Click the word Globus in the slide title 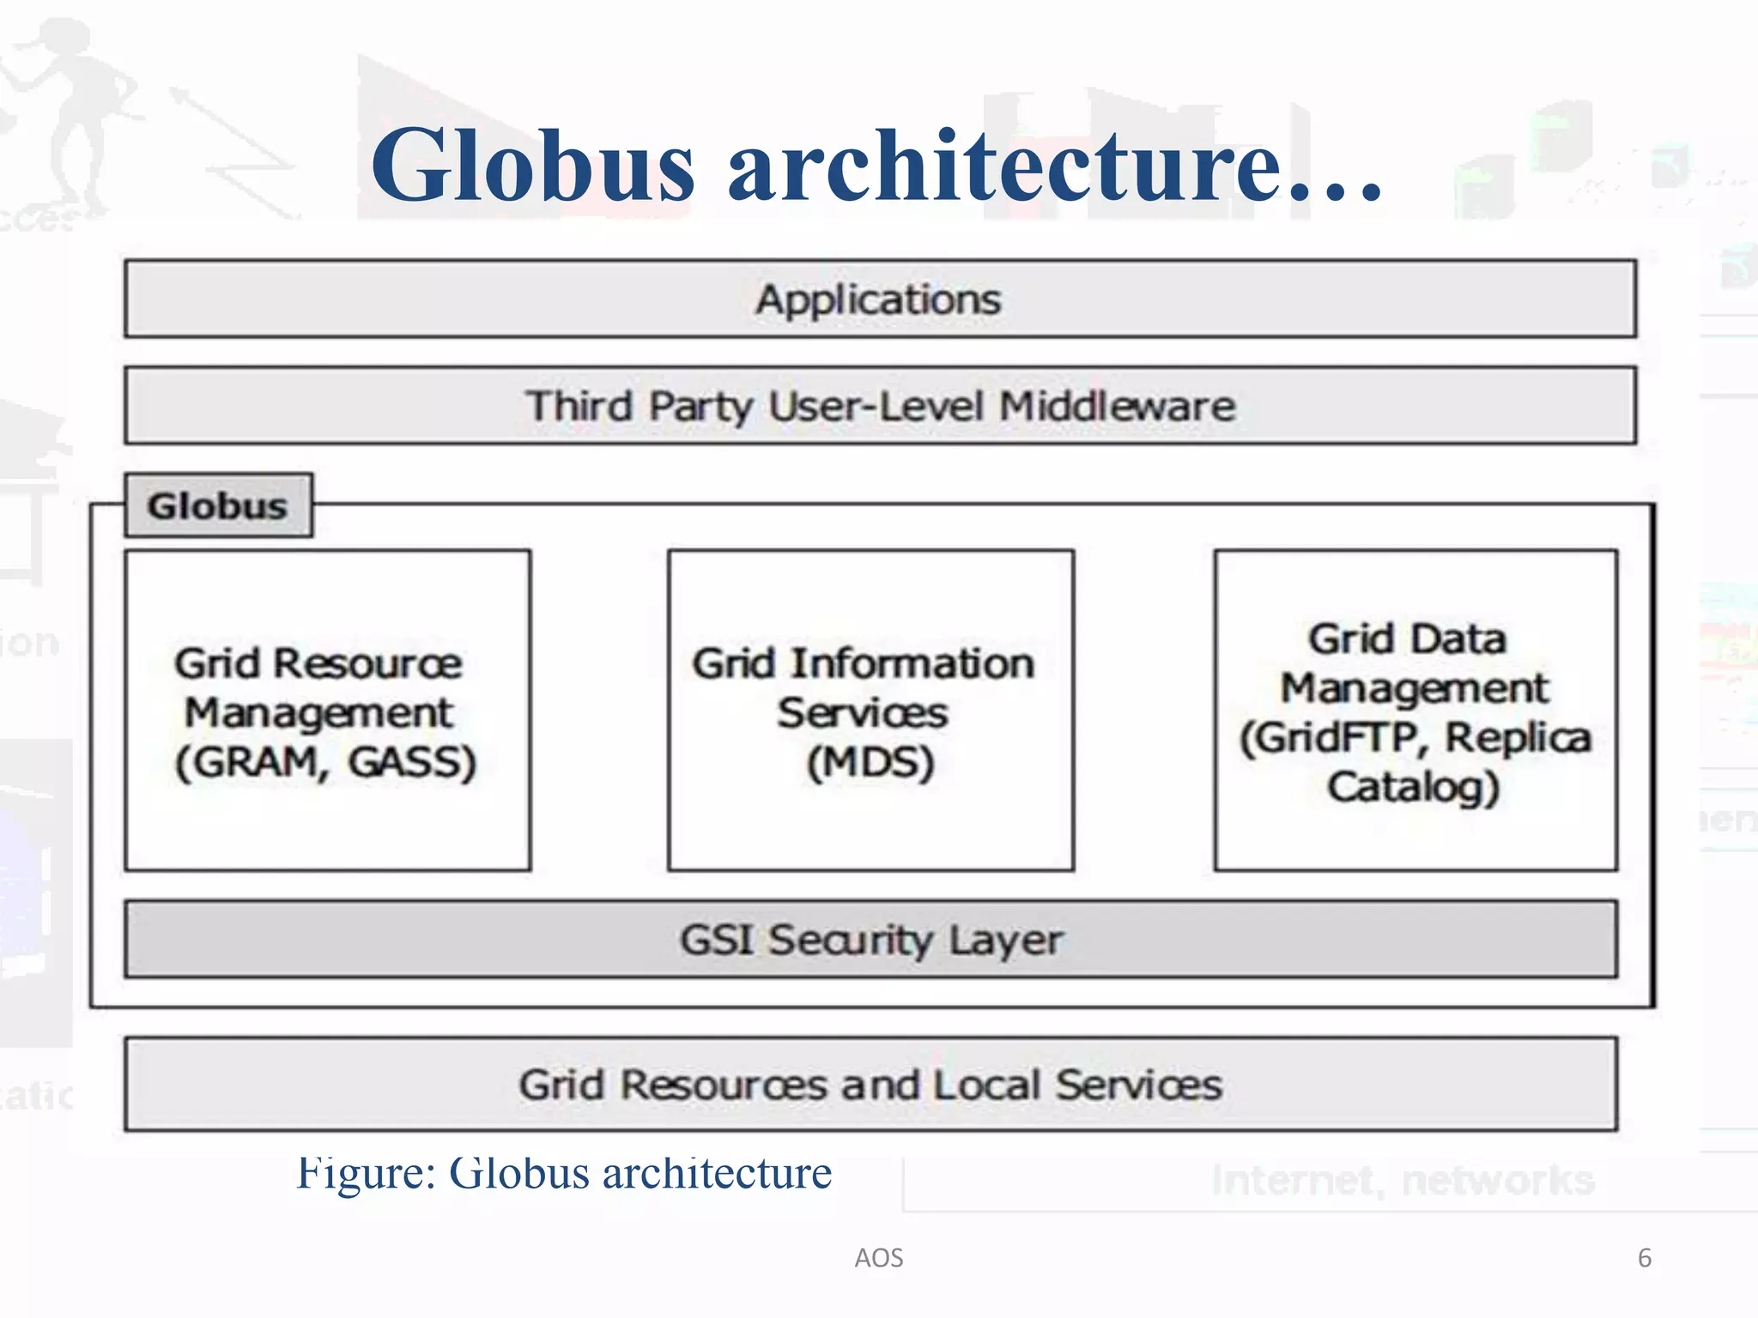[532, 165]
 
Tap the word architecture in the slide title [1004, 165]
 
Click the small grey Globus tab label [217, 505]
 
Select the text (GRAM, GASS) [326, 762]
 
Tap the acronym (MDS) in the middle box [870, 762]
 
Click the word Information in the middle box [912, 663]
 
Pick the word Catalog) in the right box [1414, 787]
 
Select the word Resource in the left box [367, 663]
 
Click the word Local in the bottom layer [987, 1085]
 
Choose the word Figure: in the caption [367, 1173]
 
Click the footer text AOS [879, 1258]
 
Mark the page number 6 [1645, 1258]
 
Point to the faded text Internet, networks [1403, 1181]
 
